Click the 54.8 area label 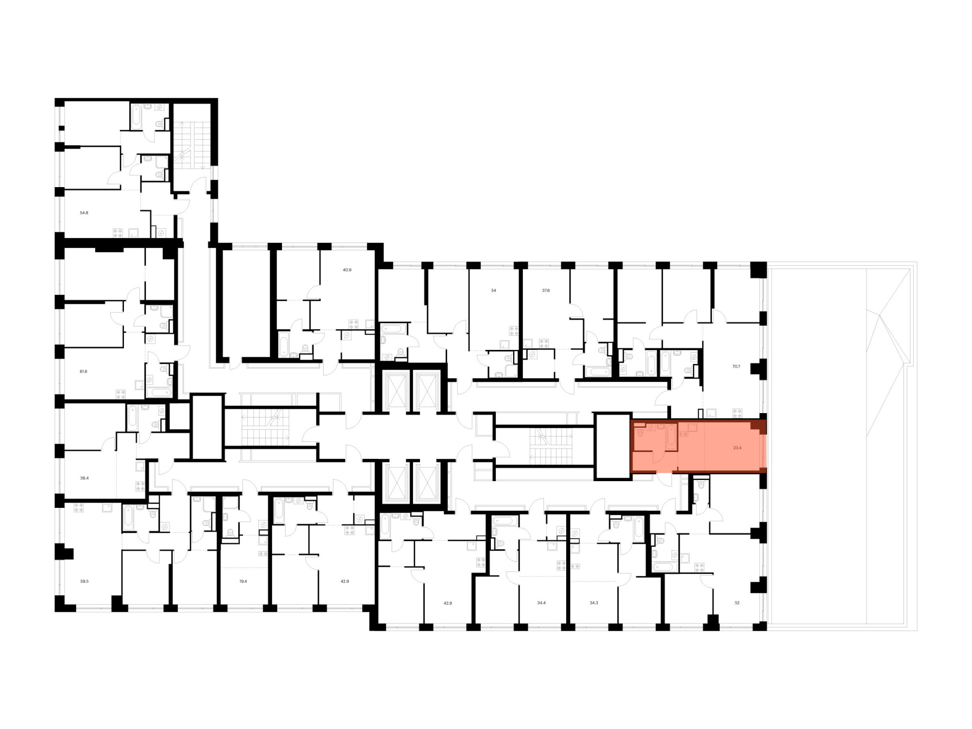coord(84,213)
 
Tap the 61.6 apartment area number coord(84,371)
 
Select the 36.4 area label coord(85,478)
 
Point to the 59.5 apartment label coord(85,581)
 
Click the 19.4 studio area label coord(243,581)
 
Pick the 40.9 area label coord(347,270)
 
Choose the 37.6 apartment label coord(546,291)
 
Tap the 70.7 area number coord(736,366)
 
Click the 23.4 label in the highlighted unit coord(737,448)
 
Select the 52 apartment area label coord(737,603)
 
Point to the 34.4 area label coord(541,603)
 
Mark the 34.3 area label coord(594,603)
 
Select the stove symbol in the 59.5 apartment coord(78,508)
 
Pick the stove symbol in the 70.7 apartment coord(737,414)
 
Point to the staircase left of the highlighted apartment coord(551,446)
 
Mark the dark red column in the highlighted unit coord(758,427)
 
